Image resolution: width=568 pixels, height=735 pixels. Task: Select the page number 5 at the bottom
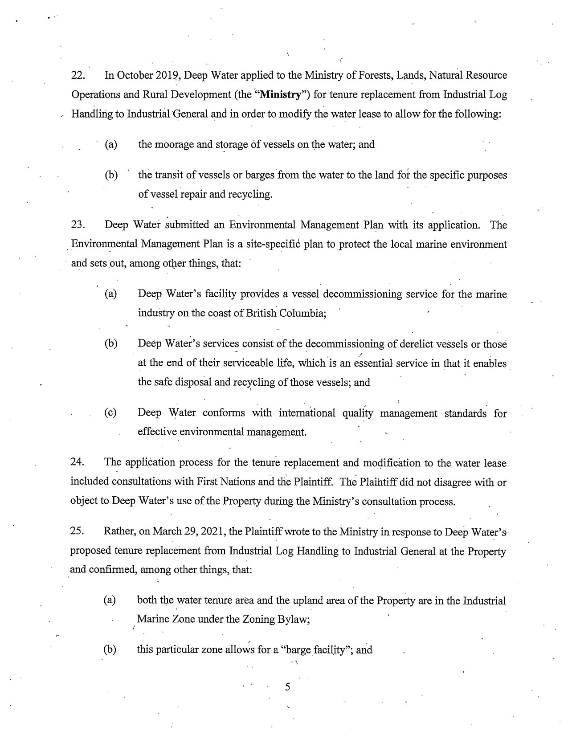click(x=287, y=687)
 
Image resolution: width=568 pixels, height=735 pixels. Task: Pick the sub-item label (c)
click(x=110, y=413)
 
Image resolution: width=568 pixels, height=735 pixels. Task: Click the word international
click(x=307, y=413)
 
